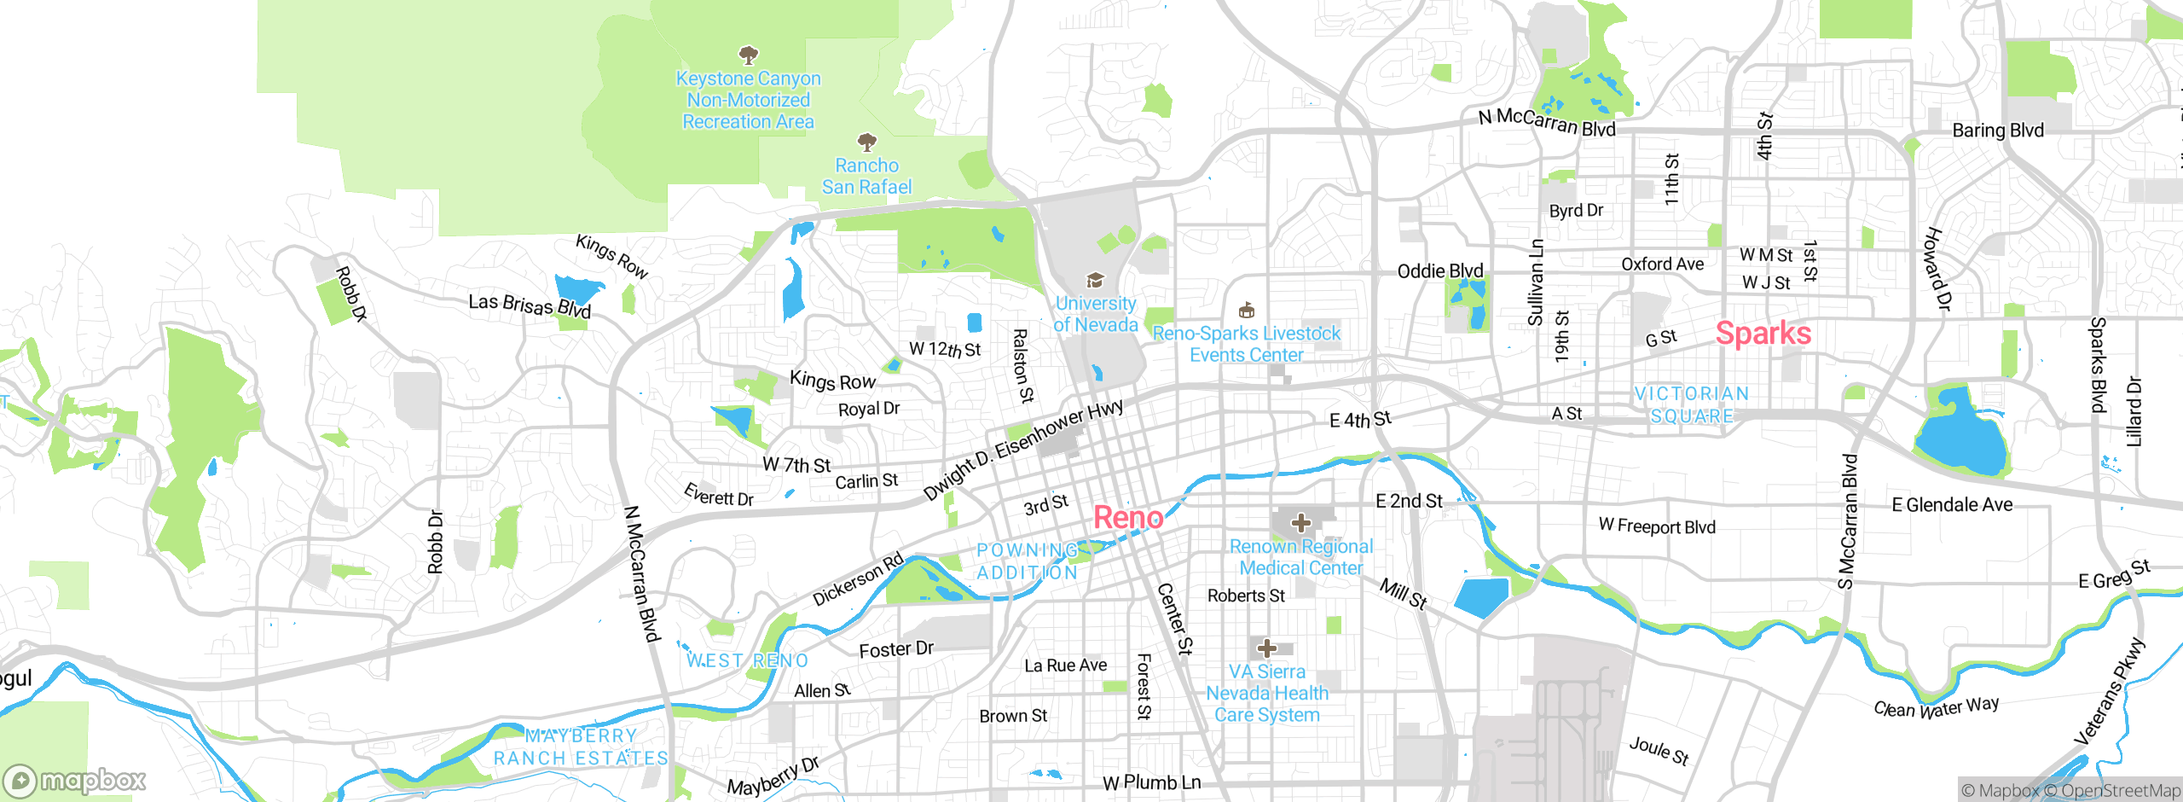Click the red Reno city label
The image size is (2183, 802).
(x=1127, y=517)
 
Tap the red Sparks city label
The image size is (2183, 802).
(x=1763, y=334)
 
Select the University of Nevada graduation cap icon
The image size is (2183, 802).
(x=1095, y=280)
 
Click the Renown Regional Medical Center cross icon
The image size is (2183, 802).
(x=1300, y=522)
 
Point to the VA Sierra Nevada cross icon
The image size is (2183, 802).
(x=1266, y=648)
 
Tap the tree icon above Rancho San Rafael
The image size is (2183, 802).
(x=866, y=142)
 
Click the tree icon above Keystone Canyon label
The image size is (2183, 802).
(x=748, y=55)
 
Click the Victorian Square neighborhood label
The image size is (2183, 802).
(x=1692, y=405)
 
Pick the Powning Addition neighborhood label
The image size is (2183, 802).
(x=1027, y=561)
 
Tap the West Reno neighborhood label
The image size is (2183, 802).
(x=747, y=661)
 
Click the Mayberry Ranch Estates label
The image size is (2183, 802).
(x=581, y=747)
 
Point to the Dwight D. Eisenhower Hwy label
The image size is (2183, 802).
(x=1023, y=450)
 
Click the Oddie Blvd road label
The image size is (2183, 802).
(x=1439, y=271)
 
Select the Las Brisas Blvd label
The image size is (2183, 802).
(x=530, y=305)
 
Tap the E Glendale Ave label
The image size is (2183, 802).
(x=1952, y=505)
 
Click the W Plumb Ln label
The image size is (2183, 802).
(x=1151, y=782)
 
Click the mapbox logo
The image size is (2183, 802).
(x=74, y=780)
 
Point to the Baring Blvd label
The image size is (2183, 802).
(x=1998, y=131)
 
